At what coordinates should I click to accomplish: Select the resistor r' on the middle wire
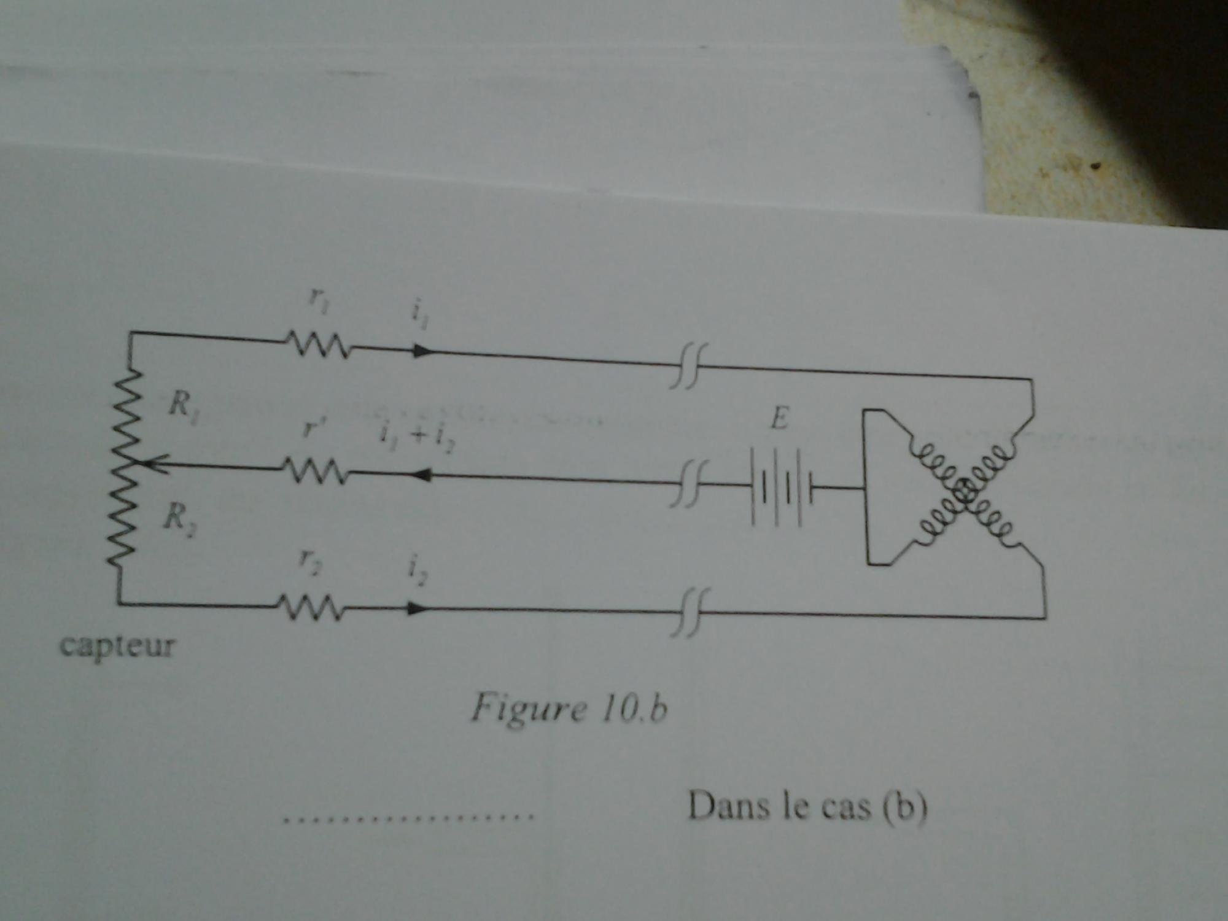pos(316,470)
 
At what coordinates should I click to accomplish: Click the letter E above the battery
pos(779,420)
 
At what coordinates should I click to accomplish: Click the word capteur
pos(117,647)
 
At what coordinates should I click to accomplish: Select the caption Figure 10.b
pos(569,709)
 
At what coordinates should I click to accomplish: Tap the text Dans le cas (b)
pos(807,806)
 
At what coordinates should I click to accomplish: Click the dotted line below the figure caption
pos(408,817)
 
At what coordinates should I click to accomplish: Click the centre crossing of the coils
pos(963,491)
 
